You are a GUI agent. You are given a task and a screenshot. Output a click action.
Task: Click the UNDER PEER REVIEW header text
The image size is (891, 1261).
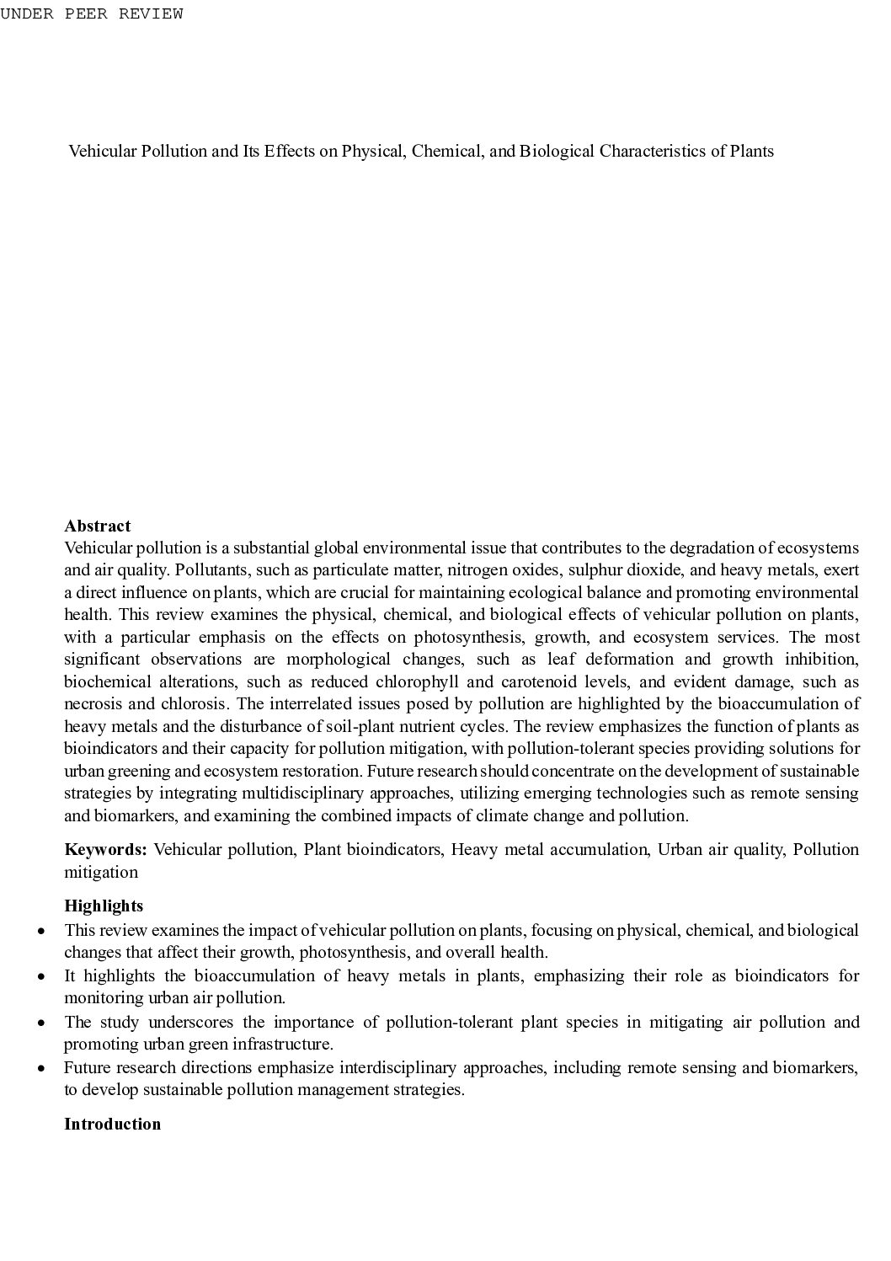coord(92,13)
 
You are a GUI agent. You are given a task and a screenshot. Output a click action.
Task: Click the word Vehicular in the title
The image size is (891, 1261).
coord(102,152)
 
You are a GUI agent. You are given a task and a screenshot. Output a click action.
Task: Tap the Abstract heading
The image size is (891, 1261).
coord(98,526)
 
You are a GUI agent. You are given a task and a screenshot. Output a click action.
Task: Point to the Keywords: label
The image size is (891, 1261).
coord(106,850)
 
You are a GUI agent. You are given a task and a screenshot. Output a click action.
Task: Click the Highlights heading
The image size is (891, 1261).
coord(104,906)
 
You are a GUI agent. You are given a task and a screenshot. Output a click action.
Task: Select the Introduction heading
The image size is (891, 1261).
coord(112,1125)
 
